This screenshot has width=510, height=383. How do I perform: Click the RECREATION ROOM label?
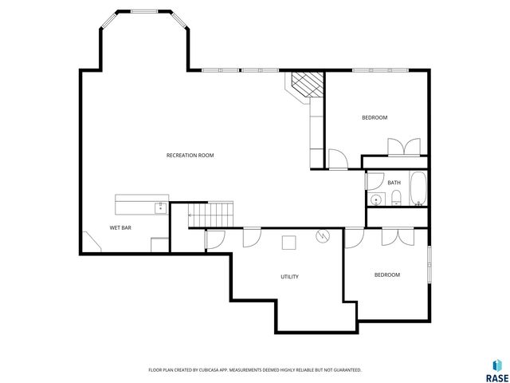[190, 155]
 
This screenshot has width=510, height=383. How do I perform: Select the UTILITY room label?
[289, 277]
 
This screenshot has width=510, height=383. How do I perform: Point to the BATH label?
[394, 183]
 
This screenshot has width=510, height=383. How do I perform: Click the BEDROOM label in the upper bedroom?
[375, 118]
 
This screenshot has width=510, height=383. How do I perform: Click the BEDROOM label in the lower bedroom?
[387, 274]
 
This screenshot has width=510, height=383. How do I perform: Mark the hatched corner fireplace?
[306, 84]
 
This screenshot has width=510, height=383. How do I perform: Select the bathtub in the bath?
[418, 188]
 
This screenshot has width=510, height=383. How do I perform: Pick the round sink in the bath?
[375, 199]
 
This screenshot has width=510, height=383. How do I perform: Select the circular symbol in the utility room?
[322, 235]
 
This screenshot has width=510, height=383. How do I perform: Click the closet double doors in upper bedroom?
[402, 147]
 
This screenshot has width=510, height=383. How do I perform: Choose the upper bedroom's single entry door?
[338, 160]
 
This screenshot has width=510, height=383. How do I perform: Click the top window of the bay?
[144, 11]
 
